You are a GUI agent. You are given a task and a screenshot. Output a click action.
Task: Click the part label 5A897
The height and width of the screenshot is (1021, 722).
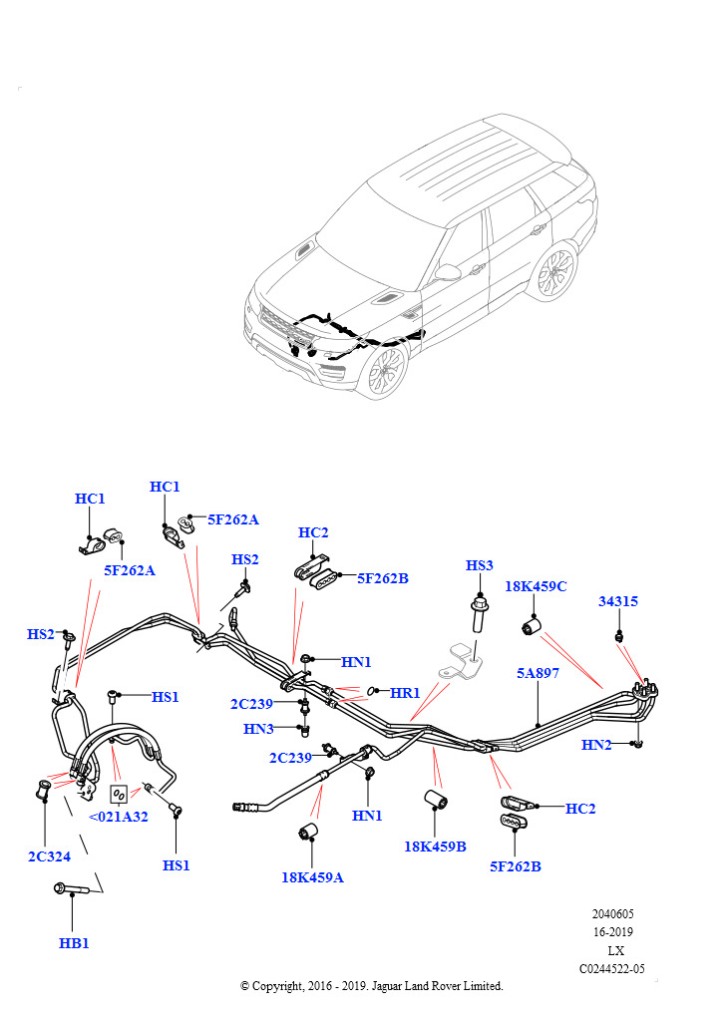point(538,673)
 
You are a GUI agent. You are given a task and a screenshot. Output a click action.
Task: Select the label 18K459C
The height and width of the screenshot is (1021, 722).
point(535,586)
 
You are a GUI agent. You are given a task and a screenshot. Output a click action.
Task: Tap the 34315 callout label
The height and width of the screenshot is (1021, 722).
point(618,601)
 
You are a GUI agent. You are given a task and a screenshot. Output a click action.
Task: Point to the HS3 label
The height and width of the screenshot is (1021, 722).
point(480,565)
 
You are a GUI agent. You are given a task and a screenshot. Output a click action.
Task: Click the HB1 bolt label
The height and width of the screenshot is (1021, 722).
point(73,942)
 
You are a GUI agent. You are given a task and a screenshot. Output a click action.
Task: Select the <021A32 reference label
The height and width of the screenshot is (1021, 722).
point(119,816)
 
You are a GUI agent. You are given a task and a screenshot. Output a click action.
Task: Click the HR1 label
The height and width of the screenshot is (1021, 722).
point(405,692)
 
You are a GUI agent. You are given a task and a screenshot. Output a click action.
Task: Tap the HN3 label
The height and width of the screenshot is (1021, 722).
point(258,729)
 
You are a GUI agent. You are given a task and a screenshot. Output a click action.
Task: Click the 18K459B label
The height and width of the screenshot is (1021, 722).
point(436,846)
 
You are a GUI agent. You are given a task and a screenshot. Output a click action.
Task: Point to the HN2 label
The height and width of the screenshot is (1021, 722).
point(597,745)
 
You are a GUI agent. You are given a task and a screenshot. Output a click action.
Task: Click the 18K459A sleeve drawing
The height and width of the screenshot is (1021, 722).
point(309,832)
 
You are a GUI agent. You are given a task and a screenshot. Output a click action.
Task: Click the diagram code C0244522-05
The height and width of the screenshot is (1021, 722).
point(611,968)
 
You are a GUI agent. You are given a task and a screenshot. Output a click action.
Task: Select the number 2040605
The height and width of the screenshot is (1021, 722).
point(611,913)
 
